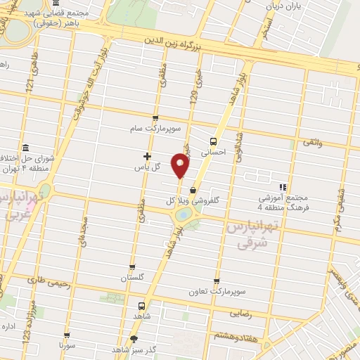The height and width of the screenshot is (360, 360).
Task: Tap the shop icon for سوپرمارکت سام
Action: coord(155,118)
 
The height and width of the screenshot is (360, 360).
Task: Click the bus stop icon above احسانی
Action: coord(214,139)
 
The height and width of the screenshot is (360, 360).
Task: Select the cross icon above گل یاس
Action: coord(147,156)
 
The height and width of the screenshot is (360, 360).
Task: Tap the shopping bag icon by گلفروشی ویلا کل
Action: coord(193,189)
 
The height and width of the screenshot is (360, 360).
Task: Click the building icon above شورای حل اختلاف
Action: coord(26,147)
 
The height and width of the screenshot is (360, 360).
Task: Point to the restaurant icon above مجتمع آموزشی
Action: coord(283,187)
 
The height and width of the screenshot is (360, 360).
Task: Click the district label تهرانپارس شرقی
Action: coord(246,236)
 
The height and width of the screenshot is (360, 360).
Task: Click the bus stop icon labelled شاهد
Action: coord(141,306)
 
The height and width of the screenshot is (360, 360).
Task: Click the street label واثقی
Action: coord(311,143)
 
